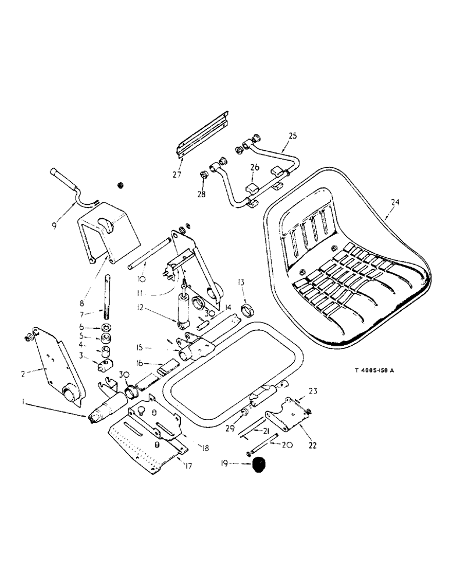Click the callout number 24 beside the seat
click(x=395, y=203)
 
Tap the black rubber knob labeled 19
click(x=258, y=464)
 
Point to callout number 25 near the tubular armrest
click(x=292, y=136)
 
